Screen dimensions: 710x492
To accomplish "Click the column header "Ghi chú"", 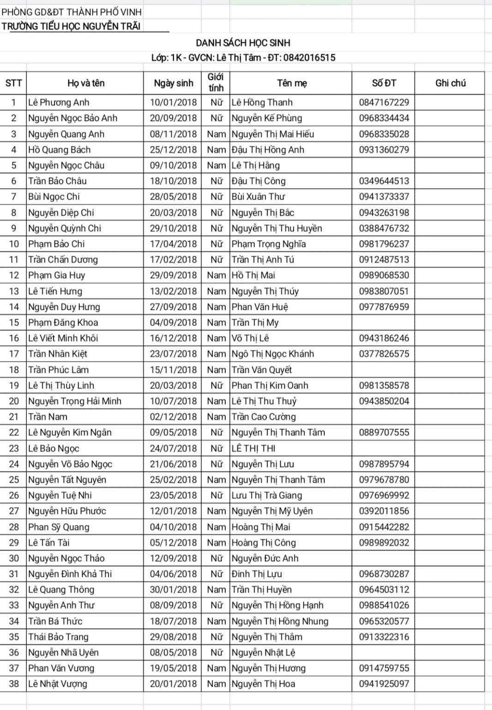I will [450, 83].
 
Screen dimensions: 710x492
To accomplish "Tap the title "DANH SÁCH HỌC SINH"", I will [243, 43].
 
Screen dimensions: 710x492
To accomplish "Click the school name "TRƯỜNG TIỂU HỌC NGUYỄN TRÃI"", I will [71, 26].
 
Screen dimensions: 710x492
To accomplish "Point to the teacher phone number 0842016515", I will [309, 58].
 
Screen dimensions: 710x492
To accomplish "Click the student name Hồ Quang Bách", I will [60, 150].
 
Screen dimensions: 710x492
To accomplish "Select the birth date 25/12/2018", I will [173, 150].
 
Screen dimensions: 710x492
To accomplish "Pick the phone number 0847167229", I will [384, 103].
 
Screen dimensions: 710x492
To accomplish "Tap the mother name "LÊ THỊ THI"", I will [253, 448].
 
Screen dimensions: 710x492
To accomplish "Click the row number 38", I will [14, 684].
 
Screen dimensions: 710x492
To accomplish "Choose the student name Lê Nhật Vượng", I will [58, 684].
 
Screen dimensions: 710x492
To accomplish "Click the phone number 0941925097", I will [384, 684].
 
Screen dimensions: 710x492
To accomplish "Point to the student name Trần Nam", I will [48, 417].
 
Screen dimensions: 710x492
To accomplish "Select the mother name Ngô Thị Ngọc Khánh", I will [273, 354].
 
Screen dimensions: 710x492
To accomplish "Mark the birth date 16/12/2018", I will [173, 338].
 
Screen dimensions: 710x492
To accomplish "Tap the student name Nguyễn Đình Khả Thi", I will [70, 574].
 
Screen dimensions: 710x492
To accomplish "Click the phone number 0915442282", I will [384, 527].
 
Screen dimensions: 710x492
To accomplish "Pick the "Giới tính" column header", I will [216, 83].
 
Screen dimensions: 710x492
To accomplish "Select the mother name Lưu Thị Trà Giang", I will [267, 495].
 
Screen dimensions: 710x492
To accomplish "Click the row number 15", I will [14, 322].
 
